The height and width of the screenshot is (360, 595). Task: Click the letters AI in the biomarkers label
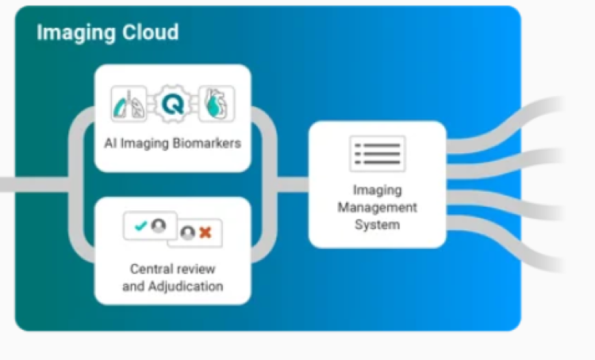110,144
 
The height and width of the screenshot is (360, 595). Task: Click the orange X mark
205,232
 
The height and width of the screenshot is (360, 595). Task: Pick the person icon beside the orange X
188,232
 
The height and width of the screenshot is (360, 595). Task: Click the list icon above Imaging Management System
378,153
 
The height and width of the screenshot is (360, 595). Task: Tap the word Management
378,208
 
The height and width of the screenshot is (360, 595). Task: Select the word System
378,224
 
